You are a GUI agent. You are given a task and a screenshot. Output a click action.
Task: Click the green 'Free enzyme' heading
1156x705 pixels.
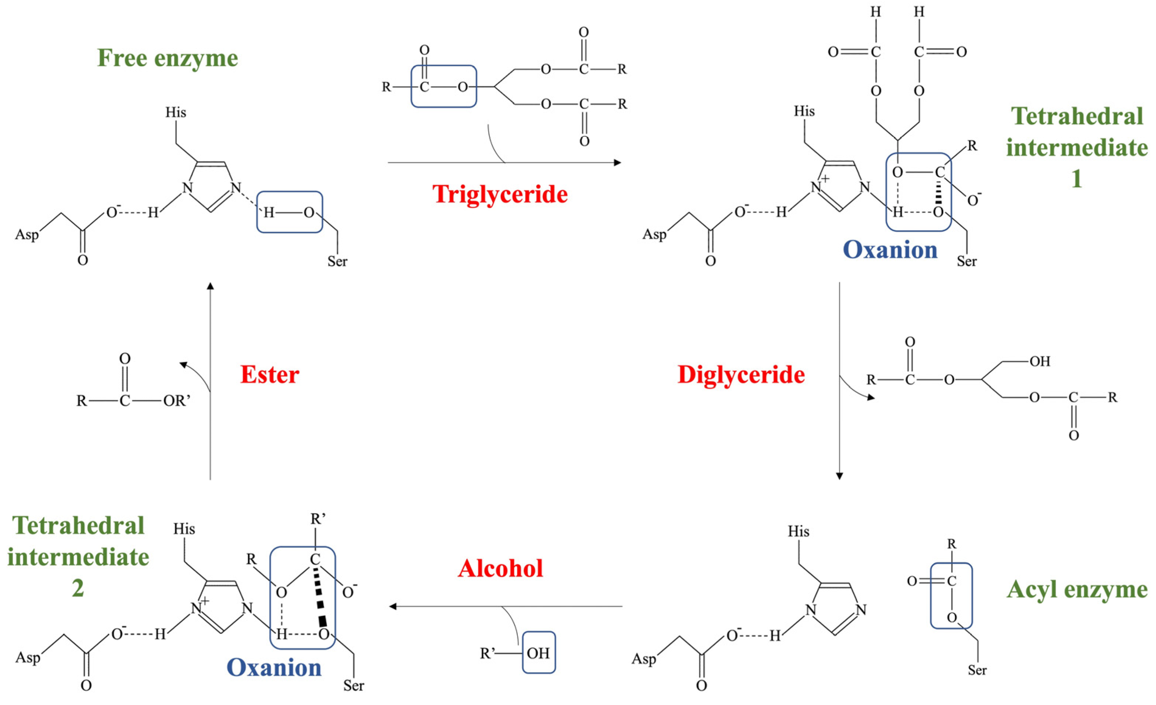168,59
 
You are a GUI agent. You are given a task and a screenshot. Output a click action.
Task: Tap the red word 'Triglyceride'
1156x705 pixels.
500,194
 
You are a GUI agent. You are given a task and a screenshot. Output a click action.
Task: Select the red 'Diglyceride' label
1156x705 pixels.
741,374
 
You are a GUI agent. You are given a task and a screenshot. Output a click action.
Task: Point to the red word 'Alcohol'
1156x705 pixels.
500,568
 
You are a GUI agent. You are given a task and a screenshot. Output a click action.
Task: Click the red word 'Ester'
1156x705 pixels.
270,374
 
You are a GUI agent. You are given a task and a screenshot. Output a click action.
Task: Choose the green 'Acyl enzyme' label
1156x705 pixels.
1077,590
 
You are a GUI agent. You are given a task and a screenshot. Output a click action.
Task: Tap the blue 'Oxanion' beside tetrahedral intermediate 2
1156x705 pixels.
274,667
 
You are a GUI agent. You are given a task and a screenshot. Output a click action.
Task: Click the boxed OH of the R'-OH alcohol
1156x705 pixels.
538,653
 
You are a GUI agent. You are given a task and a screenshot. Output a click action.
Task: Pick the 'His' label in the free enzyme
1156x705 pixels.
175,113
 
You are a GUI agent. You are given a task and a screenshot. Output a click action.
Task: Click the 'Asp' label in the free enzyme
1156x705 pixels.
27,234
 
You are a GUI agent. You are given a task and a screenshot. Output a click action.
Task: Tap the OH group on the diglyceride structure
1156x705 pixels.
1040,362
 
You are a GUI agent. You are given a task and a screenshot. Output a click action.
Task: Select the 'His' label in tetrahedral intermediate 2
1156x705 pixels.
184,529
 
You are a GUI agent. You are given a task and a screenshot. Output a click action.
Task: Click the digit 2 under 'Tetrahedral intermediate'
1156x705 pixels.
78,588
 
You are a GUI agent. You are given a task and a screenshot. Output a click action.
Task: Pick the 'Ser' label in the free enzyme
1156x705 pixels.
337,261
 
